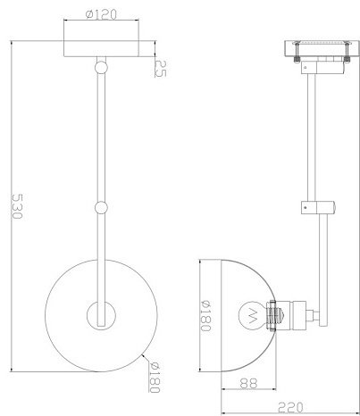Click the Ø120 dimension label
click(101, 14)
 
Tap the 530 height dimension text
click(17, 206)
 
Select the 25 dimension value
click(161, 69)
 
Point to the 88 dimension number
click(248, 383)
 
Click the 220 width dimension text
click(290, 407)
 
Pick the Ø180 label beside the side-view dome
click(205, 316)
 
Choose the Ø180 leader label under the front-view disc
click(155, 378)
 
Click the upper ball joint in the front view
click(101, 67)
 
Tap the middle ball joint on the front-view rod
click(101, 207)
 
